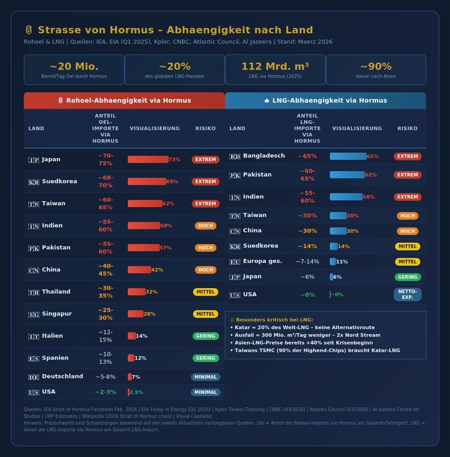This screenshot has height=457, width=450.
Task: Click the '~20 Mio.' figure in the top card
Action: pyautogui.click(x=74, y=67)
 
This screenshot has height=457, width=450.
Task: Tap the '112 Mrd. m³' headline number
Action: pyautogui.click(x=275, y=67)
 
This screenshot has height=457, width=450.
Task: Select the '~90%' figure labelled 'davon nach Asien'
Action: pyautogui.click(x=376, y=67)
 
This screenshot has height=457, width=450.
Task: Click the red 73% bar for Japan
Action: pyautogui.click(x=148, y=159)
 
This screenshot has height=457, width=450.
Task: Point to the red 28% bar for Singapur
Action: pyautogui.click(x=135, y=314)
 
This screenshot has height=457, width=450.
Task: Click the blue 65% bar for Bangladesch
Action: pyautogui.click(x=348, y=156)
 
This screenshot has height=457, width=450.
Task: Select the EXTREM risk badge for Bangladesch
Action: pyautogui.click(x=407, y=156)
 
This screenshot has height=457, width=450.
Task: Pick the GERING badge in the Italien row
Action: pyautogui.click(x=206, y=336)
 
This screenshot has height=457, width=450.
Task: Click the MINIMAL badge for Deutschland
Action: pyautogui.click(x=206, y=377)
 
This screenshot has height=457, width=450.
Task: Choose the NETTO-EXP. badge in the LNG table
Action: pyautogui.click(x=407, y=294)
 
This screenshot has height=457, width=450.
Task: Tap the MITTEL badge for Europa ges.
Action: pyautogui.click(x=407, y=262)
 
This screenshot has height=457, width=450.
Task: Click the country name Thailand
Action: pyautogui.click(x=56, y=292)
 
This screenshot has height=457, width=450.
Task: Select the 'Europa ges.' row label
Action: pyautogui.click(x=262, y=261)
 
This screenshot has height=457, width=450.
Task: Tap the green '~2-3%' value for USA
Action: pyautogui.click(x=105, y=392)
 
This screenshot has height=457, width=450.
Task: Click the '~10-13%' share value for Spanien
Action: pyautogui.click(x=105, y=358)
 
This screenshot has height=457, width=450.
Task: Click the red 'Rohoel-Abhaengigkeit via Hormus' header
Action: pyautogui.click(x=124, y=100)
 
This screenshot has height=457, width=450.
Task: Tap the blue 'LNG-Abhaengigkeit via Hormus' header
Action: pyautogui.click(x=325, y=100)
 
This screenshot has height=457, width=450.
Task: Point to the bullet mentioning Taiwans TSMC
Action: pyautogui.click(x=315, y=350)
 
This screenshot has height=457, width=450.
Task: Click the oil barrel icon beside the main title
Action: pyautogui.click(x=29, y=30)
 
